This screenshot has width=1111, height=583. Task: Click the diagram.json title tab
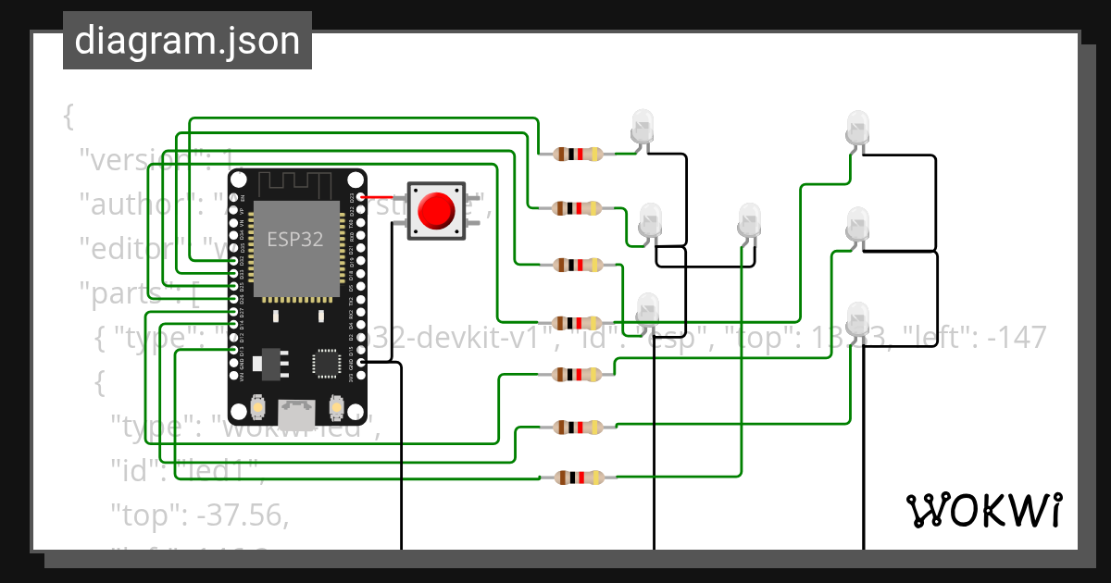pyautogui.click(x=187, y=41)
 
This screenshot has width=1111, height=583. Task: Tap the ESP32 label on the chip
pyautogui.click(x=295, y=239)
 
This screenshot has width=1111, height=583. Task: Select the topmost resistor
pyautogui.click(x=579, y=155)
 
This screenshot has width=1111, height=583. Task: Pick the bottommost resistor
pyautogui.click(x=579, y=478)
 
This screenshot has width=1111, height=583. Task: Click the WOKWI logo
pyautogui.click(x=983, y=510)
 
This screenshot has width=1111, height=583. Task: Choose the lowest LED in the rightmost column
pyautogui.click(x=858, y=317)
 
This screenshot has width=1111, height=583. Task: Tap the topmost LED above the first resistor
pyautogui.click(x=641, y=125)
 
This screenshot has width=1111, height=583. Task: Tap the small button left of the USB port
pyautogui.click(x=256, y=406)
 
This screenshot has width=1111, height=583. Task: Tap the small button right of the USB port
pyautogui.click(x=337, y=406)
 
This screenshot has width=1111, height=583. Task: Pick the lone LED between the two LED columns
pyautogui.click(x=748, y=221)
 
